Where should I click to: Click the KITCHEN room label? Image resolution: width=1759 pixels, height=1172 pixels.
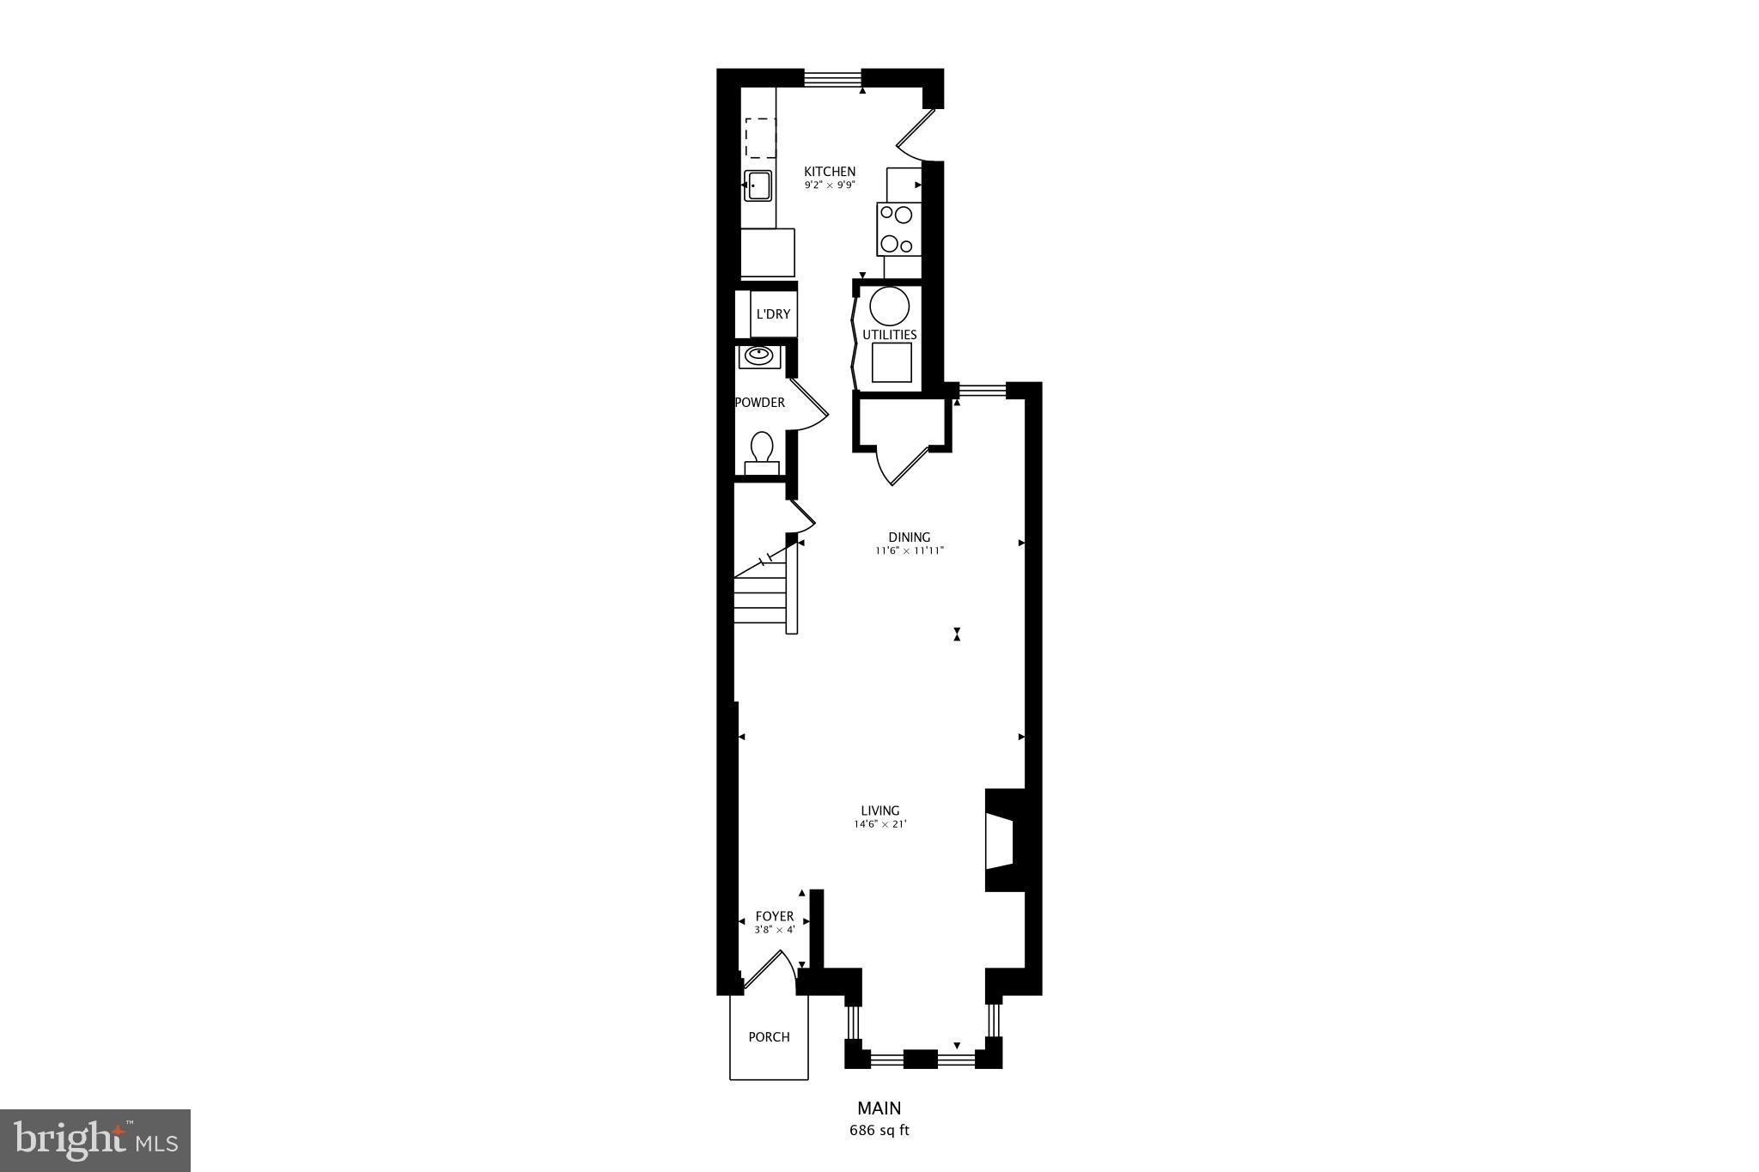point(829,172)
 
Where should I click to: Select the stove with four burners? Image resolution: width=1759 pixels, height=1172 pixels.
point(898,229)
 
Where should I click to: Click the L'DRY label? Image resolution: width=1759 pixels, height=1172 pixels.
point(772,314)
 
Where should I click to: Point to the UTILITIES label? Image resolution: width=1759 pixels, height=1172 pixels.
point(890,335)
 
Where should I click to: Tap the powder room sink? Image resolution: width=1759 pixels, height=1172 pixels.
point(758,355)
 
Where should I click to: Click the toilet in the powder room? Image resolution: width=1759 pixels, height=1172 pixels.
point(761,452)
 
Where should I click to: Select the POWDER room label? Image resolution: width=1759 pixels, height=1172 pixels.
point(760,403)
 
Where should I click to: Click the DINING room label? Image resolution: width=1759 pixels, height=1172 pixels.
point(909,537)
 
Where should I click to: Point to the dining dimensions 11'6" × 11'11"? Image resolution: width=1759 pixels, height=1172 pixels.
point(909,551)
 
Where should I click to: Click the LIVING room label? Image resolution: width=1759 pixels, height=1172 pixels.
point(879,811)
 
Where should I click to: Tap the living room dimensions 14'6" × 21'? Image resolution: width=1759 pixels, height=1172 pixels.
point(879,824)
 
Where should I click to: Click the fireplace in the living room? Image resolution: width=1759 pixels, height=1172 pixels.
point(1003,841)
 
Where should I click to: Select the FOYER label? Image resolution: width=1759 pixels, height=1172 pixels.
point(774,917)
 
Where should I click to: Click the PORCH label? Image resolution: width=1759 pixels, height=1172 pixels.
point(769,1037)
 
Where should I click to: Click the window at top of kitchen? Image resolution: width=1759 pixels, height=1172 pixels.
point(832,78)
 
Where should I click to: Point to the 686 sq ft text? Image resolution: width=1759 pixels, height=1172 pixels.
point(879,1130)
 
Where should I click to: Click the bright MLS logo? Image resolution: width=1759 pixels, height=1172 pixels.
point(95,1140)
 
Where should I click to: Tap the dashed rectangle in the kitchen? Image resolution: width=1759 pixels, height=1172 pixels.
point(759,138)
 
